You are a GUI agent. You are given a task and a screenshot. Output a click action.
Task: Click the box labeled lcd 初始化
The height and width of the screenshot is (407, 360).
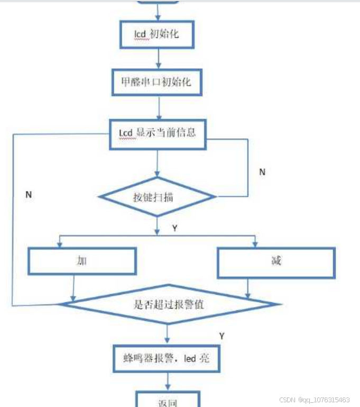click(x=156, y=34)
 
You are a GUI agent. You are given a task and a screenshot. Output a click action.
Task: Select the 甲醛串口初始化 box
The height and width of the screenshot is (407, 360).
click(x=157, y=83)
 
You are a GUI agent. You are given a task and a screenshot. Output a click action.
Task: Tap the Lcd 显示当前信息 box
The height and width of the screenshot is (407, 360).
click(x=157, y=132)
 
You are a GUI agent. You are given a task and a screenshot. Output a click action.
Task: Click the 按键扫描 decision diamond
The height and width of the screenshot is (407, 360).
click(x=158, y=197)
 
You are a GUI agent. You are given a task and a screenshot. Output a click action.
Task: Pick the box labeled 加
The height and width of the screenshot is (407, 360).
click(x=81, y=261)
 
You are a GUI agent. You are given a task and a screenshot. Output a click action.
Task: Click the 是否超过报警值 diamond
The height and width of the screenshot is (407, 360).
click(x=167, y=304)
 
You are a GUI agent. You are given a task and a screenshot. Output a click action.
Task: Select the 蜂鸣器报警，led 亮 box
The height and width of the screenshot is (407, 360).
click(x=166, y=358)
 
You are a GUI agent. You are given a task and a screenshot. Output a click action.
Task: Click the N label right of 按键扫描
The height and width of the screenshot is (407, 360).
click(x=262, y=172)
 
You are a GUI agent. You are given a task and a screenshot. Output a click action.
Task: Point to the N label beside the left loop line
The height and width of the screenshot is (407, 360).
click(x=29, y=194)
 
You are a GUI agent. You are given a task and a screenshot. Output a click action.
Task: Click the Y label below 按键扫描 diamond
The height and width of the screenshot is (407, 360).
click(x=174, y=228)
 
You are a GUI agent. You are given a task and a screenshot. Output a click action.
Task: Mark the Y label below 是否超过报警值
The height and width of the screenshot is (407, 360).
click(x=221, y=336)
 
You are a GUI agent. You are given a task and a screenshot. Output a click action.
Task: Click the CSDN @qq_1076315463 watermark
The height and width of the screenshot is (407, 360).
click(x=314, y=400)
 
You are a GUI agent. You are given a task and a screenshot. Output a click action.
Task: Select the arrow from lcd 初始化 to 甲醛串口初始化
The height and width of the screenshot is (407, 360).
click(x=158, y=58)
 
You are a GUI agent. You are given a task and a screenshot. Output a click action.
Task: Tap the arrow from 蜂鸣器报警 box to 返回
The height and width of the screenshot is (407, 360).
click(x=168, y=381)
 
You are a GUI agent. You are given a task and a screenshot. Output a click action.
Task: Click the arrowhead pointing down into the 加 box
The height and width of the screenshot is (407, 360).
click(x=59, y=245)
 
